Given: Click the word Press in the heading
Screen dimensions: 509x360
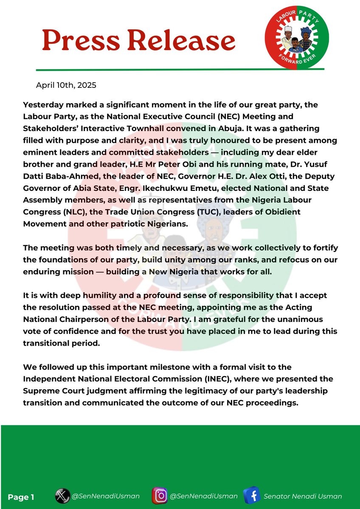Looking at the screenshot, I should click(79, 41).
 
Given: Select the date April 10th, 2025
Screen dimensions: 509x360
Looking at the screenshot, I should click(66, 85).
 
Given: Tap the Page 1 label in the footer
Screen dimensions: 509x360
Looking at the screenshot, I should click(21, 497).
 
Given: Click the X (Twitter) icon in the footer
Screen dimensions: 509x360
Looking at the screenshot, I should click(62, 496).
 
